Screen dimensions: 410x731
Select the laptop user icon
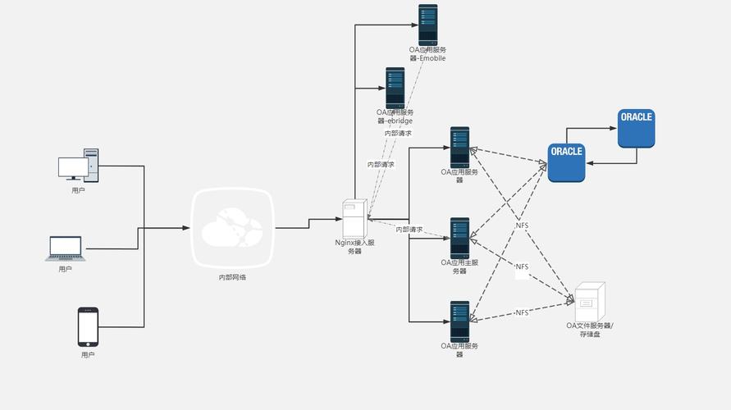[x=66, y=248]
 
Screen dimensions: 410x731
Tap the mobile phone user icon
[x=88, y=327]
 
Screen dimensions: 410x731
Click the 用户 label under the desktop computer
[x=78, y=190]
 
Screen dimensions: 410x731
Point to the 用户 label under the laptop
[x=66, y=269]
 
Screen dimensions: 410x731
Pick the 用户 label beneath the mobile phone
[x=88, y=355]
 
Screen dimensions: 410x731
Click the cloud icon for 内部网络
[x=232, y=228]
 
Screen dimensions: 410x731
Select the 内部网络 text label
[x=232, y=277]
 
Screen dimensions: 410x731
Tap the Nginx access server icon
[x=354, y=219]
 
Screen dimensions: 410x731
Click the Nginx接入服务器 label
[x=354, y=247]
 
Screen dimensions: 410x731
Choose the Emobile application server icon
[x=427, y=25]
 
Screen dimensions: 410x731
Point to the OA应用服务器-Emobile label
[x=427, y=54]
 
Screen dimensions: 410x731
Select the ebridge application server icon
[x=395, y=88]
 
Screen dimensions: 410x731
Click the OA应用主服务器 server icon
[x=459, y=238]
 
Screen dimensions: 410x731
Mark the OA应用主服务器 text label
[x=459, y=266]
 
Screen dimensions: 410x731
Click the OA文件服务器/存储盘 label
[x=589, y=330]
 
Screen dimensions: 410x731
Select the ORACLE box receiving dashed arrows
[x=566, y=162]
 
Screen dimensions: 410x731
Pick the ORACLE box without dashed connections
[x=636, y=128]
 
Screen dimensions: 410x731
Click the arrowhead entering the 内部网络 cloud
[x=186, y=228]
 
